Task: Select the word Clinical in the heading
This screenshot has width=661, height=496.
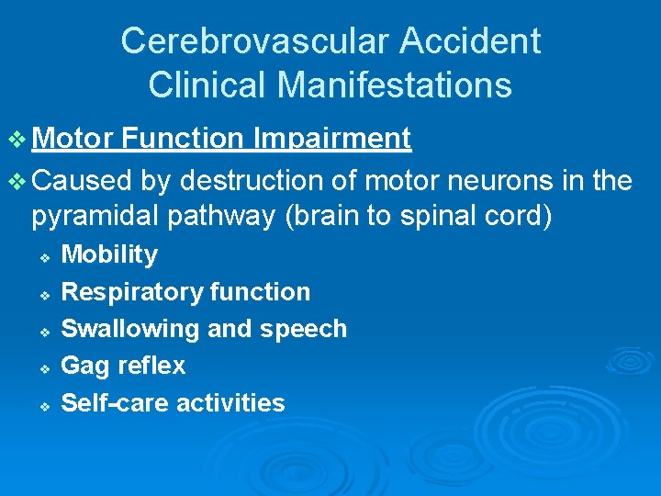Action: coord(207,85)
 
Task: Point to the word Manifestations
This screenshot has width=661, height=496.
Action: coord(394,85)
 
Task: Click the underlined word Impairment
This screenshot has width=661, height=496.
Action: coord(332,139)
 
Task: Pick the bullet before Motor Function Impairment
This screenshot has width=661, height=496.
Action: coord(18,140)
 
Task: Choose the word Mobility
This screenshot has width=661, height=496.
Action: coord(108,254)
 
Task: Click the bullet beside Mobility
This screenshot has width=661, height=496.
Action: coord(43,256)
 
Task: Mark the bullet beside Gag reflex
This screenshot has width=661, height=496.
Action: coord(43,367)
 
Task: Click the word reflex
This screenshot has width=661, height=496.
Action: coord(151,366)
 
